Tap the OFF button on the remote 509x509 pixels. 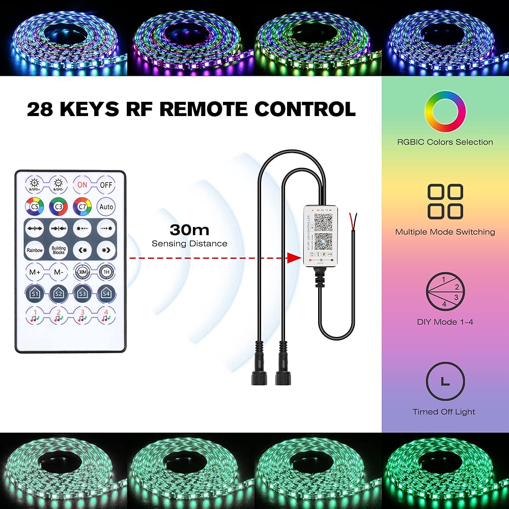point(106,185)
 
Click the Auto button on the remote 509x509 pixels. point(106,207)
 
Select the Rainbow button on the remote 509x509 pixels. point(35,250)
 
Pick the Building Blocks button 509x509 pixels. point(59,250)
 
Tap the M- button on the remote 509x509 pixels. point(59,272)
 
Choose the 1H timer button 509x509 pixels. point(106,272)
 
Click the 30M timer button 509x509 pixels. point(82,272)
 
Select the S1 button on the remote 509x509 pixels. point(35,294)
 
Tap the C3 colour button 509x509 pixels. point(59,207)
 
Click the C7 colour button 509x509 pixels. point(82,207)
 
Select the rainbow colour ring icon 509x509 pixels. point(445,112)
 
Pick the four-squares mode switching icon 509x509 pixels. point(445,202)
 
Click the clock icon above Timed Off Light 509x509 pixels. point(445,382)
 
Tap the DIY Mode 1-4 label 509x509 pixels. point(445,322)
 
